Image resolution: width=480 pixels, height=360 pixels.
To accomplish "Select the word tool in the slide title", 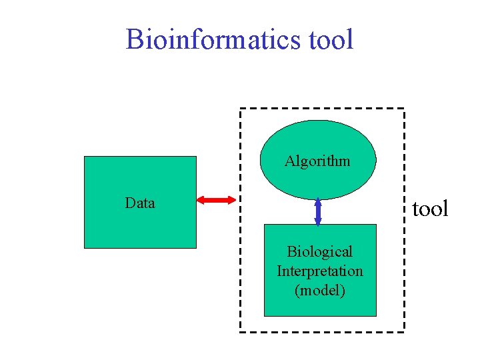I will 331,39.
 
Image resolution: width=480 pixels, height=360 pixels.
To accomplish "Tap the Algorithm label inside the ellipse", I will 317,161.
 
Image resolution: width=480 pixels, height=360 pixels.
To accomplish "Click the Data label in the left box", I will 140,203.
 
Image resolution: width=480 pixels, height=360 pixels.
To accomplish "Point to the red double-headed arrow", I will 217,199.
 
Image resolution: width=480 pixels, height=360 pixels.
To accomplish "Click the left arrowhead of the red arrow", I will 201,199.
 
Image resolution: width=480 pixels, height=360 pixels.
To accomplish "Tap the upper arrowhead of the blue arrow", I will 318,201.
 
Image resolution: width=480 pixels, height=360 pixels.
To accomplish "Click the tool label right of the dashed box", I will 430,209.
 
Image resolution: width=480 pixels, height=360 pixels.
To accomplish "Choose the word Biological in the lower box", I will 320,251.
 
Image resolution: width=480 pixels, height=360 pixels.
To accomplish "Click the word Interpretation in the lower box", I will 320,271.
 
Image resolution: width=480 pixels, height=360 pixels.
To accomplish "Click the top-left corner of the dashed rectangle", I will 241,109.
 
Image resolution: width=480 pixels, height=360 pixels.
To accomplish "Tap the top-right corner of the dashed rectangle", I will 404,109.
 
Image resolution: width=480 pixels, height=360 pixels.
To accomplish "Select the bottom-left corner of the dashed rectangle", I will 241,331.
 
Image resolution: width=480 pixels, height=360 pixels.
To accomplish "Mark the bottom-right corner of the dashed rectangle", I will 404,331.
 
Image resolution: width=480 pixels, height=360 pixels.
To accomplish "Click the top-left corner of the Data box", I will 85,157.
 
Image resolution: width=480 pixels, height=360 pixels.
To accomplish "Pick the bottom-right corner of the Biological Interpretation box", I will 376,315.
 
